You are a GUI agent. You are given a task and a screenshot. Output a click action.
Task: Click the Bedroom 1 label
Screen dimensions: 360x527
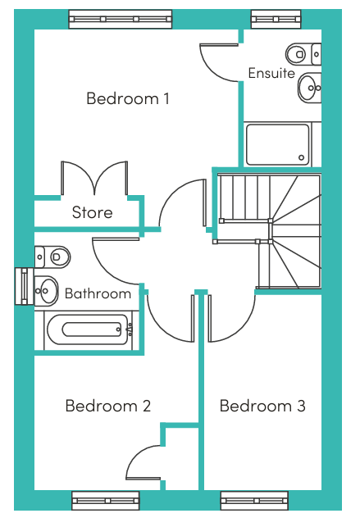point(128,98)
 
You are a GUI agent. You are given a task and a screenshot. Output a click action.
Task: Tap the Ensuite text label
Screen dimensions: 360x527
point(271,73)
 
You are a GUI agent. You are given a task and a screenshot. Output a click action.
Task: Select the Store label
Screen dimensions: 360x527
point(92,212)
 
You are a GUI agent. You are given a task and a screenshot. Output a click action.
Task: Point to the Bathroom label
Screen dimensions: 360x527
point(98,293)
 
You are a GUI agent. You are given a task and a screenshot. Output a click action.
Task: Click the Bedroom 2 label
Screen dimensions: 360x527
point(108,406)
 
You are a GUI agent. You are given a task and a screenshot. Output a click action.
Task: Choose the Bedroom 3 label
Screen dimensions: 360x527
point(262,406)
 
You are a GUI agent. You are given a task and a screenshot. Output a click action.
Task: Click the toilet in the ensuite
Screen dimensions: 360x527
point(303,54)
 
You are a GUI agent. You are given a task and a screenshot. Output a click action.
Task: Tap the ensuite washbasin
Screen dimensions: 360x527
point(310,88)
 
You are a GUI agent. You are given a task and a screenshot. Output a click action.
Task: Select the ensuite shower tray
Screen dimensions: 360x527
point(278,145)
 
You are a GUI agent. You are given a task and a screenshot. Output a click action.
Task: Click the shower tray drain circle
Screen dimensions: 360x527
point(301,157)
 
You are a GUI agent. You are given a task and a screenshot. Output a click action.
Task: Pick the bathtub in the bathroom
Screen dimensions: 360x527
point(88,329)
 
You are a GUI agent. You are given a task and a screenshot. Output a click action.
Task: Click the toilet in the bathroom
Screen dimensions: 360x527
point(52,257)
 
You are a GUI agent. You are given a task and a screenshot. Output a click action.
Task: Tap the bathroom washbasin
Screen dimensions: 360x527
point(47,291)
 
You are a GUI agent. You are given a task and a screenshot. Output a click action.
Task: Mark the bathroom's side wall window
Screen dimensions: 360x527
point(25,286)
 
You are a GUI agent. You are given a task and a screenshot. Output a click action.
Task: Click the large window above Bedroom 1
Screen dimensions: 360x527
point(121,19)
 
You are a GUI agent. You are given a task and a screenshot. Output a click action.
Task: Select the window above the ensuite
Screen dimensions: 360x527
point(276,19)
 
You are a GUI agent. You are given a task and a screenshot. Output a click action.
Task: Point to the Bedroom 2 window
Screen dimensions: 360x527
point(106,501)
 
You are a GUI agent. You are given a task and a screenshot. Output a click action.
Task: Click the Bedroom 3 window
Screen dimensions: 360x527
point(254,501)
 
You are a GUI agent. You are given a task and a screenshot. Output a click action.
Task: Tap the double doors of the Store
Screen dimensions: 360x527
point(94,178)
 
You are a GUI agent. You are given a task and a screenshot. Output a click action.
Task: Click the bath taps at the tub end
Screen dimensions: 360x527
point(130,329)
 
